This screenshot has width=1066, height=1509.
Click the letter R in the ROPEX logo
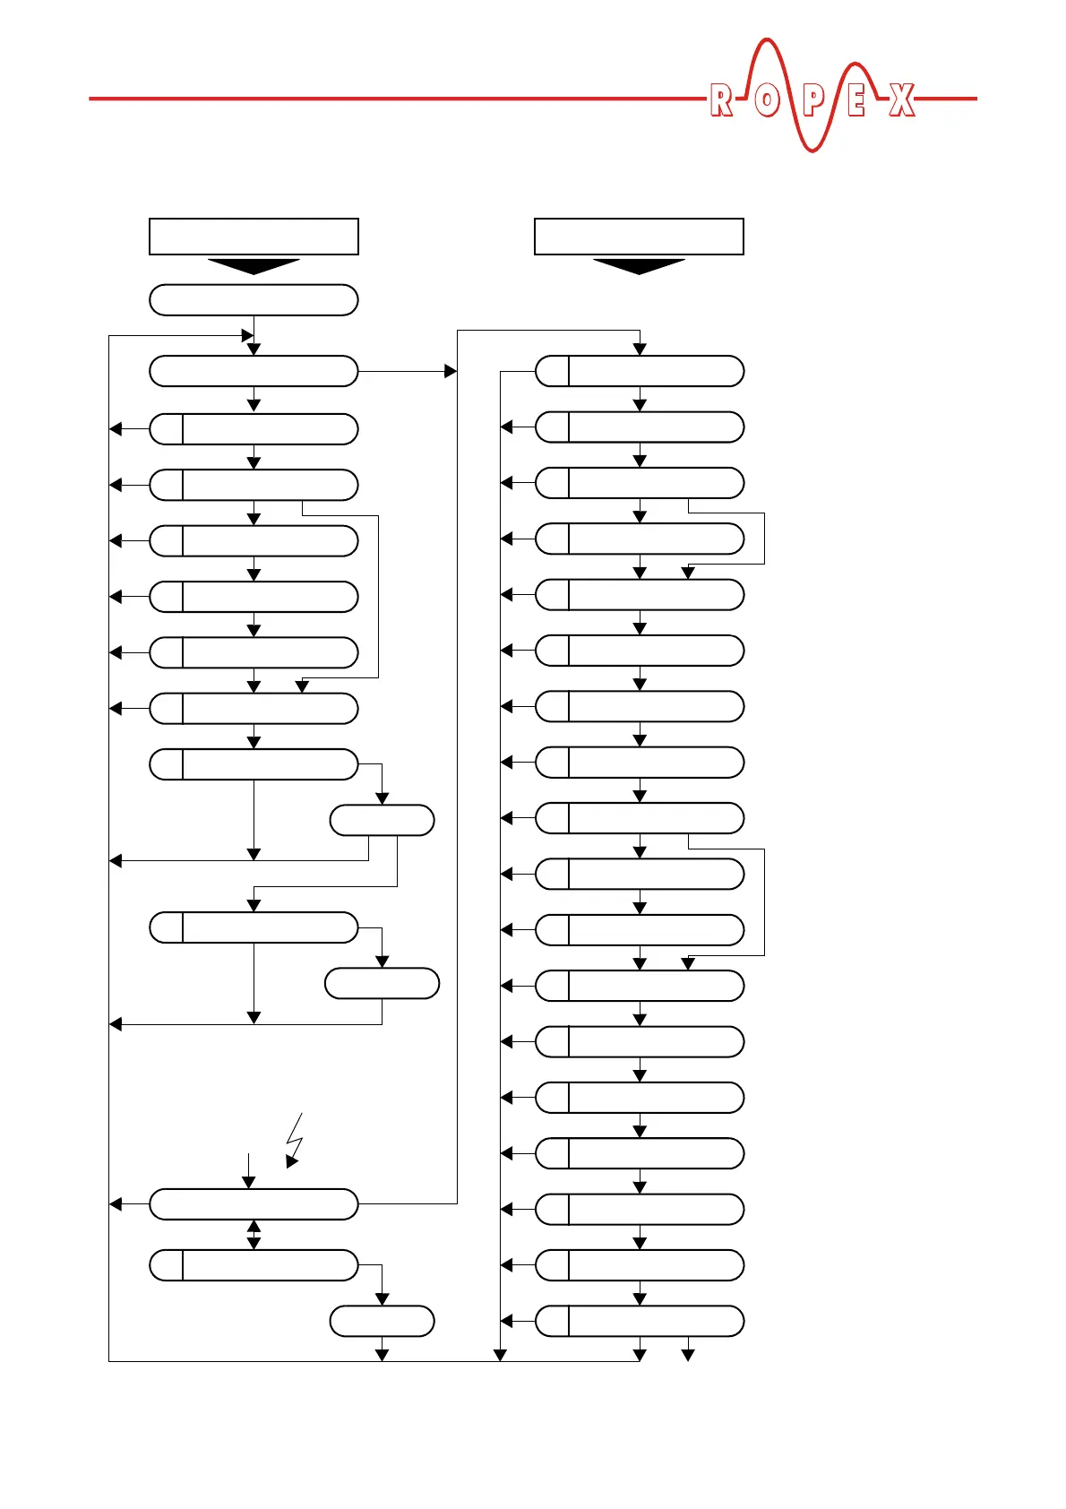click(x=720, y=100)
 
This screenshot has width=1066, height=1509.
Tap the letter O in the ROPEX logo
click(x=766, y=100)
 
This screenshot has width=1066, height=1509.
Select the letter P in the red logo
click(x=812, y=100)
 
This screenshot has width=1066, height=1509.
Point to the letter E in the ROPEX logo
click(x=856, y=100)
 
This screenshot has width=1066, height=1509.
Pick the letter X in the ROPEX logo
click(x=902, y=100)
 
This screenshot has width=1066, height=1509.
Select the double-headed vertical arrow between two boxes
click(x=254, y=1235)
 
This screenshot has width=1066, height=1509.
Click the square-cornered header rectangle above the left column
click(x=254, y=237)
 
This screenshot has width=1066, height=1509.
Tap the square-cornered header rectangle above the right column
click(x=639, y=237)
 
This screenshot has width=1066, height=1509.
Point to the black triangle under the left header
click(x=254, y=266)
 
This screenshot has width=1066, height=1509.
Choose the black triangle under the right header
click(x=639, y=266)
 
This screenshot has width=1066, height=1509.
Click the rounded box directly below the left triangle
click(x=254, y=300)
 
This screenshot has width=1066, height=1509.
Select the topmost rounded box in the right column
click(x=640, y=371)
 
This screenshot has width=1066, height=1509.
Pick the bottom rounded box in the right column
click(x=640, y=1321)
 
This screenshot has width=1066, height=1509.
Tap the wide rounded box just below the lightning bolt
click(x=254, y=1204)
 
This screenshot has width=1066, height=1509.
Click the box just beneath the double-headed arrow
click(x=254, y=1265)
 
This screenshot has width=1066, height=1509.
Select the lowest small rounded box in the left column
click(x=382, y=1321)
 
